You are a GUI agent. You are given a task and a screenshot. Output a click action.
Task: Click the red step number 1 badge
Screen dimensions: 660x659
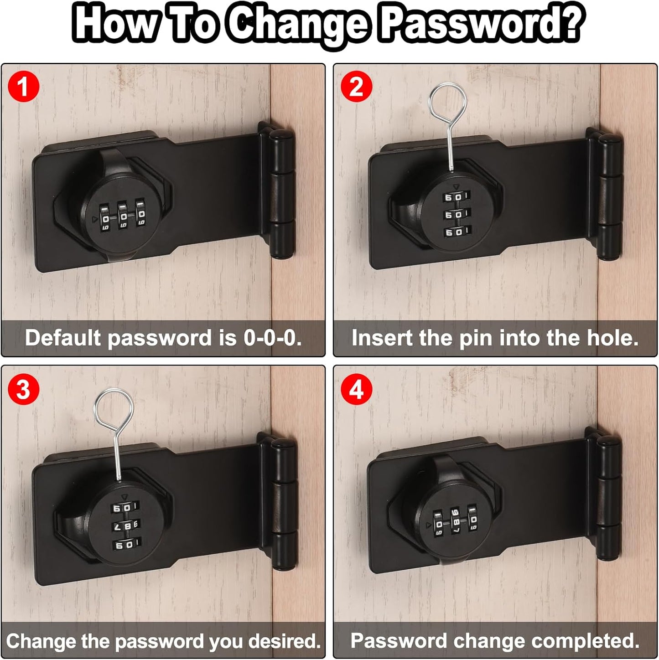(24, 86)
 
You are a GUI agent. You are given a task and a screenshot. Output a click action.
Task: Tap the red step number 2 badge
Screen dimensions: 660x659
(357, 86)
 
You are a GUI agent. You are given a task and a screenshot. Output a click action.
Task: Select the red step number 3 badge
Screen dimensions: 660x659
(24, 390)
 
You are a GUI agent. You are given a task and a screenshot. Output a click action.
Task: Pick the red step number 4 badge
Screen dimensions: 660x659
(357, 390)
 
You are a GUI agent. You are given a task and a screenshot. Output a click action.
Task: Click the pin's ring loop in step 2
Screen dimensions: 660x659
(449, 101)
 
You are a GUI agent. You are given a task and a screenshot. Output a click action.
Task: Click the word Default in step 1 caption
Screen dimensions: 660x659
(63, 338)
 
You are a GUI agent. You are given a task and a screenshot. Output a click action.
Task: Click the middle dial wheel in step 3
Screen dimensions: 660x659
(124, 526)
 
